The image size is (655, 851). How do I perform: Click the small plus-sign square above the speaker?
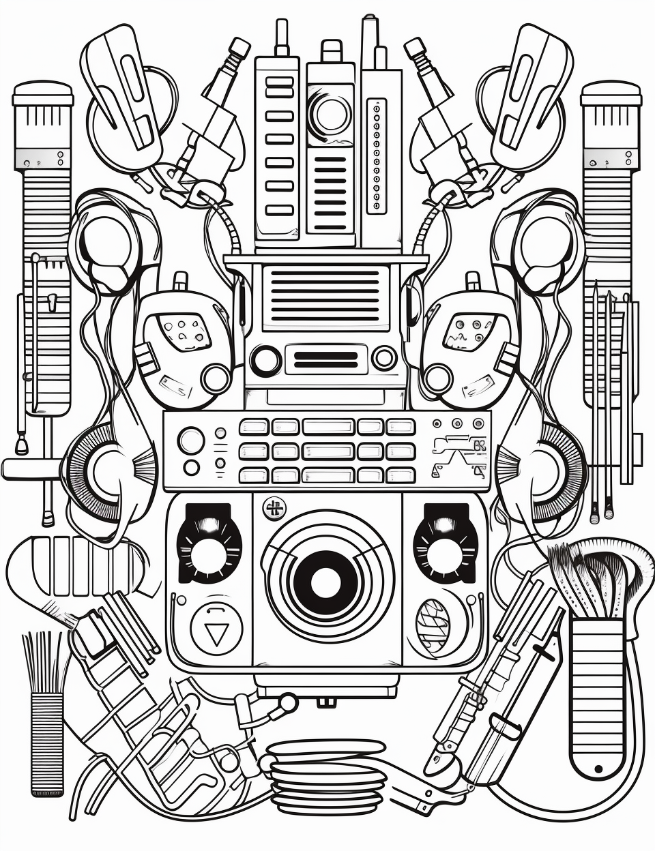[x=276, y=507]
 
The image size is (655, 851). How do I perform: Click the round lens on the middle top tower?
[x=331, y=113]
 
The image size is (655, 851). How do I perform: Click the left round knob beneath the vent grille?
[x=265, y=359]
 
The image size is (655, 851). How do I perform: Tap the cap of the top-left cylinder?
[x=43, y=94]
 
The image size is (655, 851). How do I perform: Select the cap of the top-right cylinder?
[x=611, y=94]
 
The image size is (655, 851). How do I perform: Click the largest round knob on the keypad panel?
[x=192, y=441]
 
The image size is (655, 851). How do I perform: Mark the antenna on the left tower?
[x=280, y=38]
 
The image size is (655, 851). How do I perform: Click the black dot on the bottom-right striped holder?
[x=598, y=768]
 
